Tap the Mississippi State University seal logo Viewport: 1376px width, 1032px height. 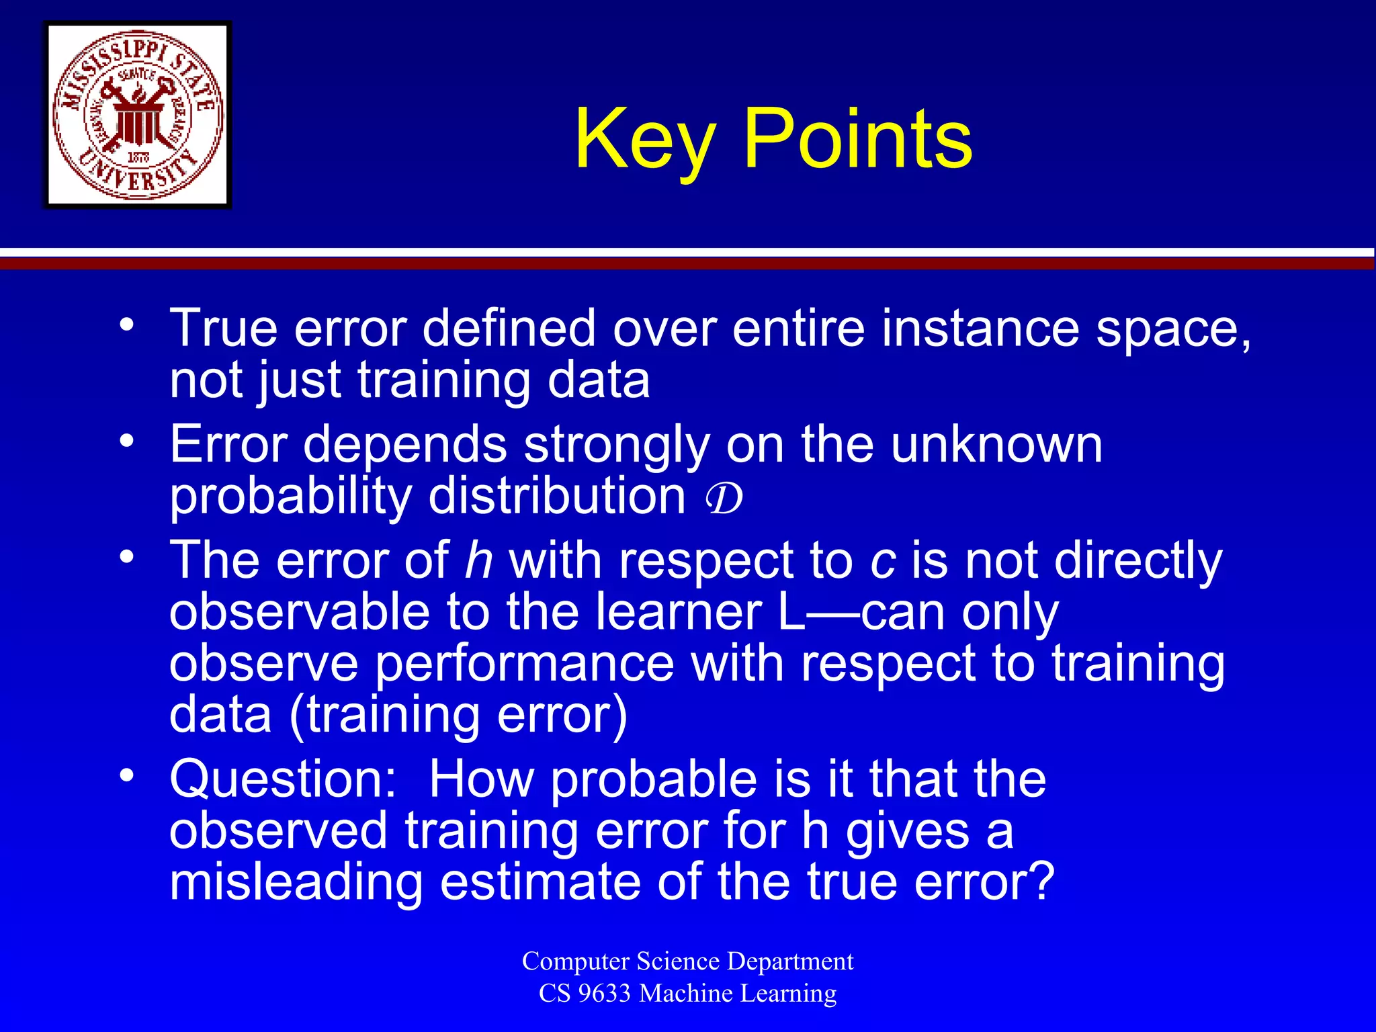[138, 115]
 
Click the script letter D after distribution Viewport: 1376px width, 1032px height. [724, 498]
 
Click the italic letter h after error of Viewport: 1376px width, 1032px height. [479, 560]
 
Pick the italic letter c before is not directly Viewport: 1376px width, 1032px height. [882, 562]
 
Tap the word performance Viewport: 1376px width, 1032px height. [524, 664]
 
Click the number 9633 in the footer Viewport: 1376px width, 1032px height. [604, 993]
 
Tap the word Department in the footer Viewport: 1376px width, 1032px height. [790, 961]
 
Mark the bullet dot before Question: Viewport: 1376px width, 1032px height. [127, 776]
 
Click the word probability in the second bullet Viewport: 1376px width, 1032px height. [290, 498]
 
